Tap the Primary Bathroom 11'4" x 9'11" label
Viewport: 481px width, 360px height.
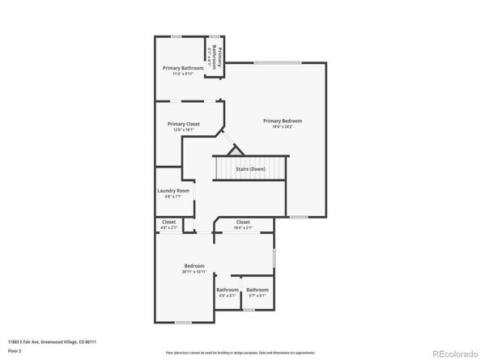point(182,68)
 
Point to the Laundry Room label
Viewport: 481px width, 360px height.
point(172,191)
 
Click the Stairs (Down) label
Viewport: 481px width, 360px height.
point(250,168)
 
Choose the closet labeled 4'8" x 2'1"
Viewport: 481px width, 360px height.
point(168,225)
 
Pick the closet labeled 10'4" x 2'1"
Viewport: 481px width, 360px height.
point(243,225)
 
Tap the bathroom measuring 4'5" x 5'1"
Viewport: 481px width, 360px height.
point(228,292)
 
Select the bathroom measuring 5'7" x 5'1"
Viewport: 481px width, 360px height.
point(258,292)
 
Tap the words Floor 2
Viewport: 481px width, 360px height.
point(14,353)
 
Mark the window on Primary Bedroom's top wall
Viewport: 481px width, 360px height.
point(278,62)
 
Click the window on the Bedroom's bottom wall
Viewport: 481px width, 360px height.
point(183,323)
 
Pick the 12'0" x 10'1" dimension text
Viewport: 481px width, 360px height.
point(183,129)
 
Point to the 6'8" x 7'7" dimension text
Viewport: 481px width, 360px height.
point(172,197)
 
